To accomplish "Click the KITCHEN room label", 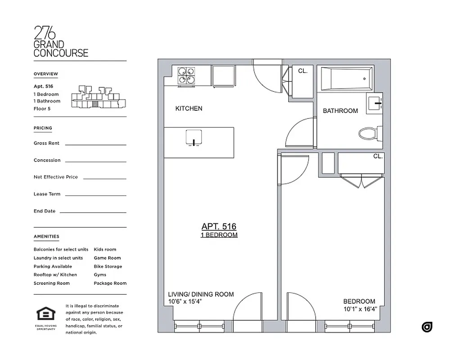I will (x=189, y=108).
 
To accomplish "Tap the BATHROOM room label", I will (x=340, y=111).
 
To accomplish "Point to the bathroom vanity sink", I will (x=375, y=103).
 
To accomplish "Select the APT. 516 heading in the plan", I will (x=219, y=227).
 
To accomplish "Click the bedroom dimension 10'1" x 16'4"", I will (x=360, y=309).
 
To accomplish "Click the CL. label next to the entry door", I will (x=303, y=71).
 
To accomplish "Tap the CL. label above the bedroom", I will (x=377, y=157).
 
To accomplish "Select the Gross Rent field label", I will (x=46, y=143).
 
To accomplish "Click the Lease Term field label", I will (x=47, y=194).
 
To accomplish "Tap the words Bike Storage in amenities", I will (x=108, y=266).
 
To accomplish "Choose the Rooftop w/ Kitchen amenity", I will (x=55, y=274).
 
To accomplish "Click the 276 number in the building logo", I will (x=45, y=33).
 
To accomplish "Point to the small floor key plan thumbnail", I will (x=97, y=98).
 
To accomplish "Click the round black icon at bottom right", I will (x=427, y=327).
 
